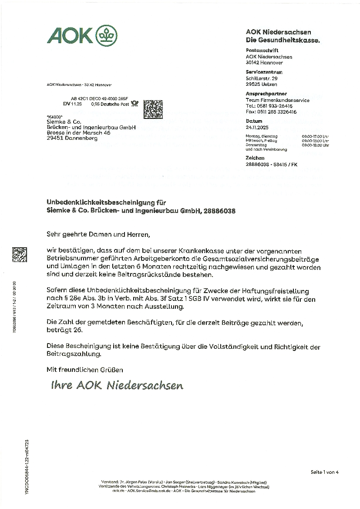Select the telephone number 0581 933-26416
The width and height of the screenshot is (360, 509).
(x=273, y=106)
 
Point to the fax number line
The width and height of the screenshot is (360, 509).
(x=271, y=112)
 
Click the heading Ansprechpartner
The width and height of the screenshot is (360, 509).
(x=266, y=94)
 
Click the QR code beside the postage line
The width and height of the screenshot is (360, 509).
(x=153, y=110)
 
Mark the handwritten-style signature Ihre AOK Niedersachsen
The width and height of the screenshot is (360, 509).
(x=117, y=386)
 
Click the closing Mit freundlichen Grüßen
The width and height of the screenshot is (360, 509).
(x=85, y=370)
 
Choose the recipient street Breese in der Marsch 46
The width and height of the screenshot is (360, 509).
(x=78, y=133)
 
